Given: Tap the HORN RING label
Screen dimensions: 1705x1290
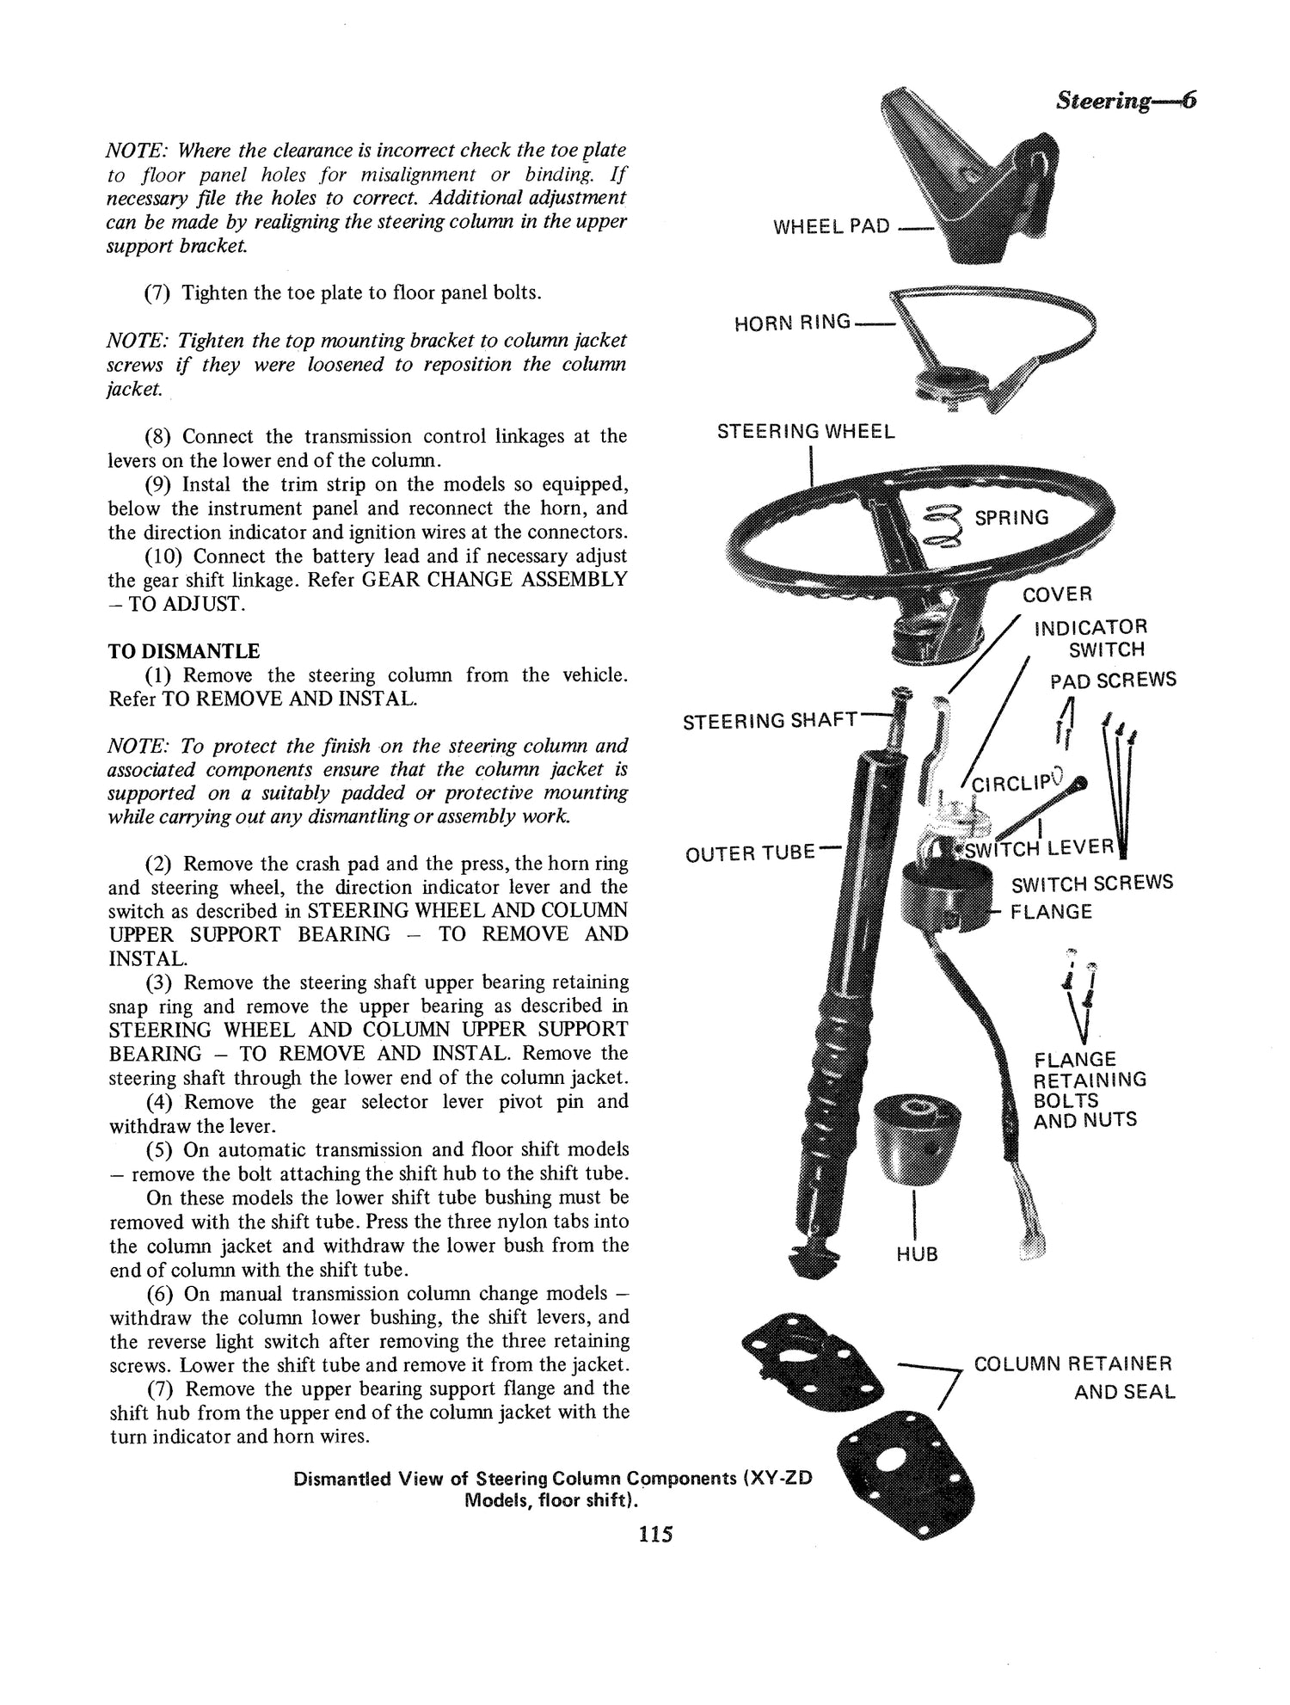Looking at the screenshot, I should (791, 323).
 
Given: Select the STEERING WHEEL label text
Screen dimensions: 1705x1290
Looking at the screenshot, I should (806, 432).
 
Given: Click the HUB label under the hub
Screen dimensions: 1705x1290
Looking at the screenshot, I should (916, 1255).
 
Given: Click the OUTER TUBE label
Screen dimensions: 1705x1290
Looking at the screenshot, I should (749, 853).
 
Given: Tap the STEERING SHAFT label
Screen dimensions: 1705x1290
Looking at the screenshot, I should (770, 721).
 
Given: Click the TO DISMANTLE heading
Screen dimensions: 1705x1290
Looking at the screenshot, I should (183, 651).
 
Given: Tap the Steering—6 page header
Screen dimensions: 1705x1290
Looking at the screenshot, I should (1126, 101).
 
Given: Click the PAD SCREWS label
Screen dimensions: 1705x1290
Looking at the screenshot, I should (1113, 681).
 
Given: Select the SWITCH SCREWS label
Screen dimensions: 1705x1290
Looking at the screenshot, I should (1091, 883).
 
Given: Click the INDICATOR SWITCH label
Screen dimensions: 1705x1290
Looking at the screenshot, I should (1090, 637).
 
